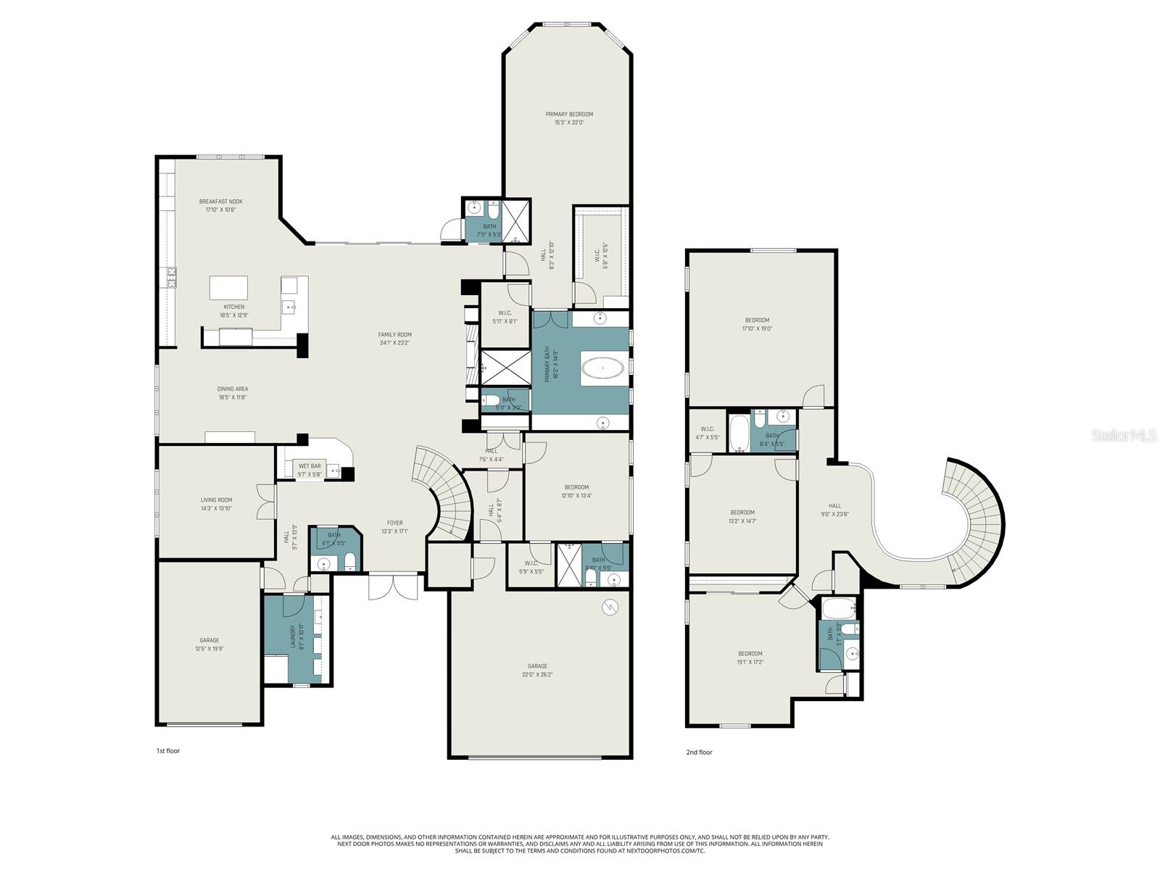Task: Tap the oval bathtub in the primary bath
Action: pos(602,368)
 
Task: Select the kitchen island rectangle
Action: pos(228,288)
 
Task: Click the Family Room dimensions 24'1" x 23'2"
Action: pos(394,343)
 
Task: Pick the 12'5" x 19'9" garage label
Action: pos(209,649)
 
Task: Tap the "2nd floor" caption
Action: pos(699,753)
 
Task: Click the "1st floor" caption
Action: pos(168,751)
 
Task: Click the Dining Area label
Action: pos(233,393)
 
